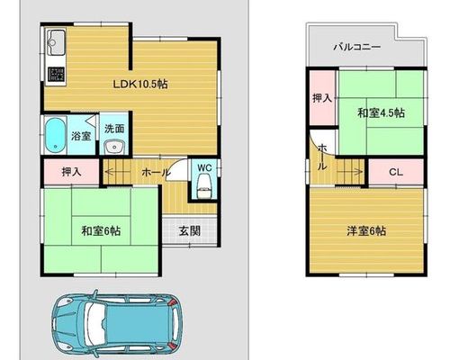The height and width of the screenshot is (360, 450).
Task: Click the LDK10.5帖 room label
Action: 140,85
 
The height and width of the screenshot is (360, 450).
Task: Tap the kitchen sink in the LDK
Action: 56,42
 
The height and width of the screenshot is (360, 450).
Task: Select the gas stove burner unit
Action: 57,74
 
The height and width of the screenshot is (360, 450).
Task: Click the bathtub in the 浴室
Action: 55,135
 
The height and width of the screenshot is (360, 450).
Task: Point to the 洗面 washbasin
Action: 113,147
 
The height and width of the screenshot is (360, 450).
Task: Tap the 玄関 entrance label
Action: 190,231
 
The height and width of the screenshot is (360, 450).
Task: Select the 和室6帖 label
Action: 102,231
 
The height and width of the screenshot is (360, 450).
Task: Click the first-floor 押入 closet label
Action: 71,172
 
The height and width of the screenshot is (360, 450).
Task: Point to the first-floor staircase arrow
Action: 117,172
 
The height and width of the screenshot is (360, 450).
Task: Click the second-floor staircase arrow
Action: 351,172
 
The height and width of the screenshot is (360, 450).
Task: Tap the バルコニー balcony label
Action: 357,47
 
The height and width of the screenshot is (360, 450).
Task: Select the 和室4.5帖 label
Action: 381,113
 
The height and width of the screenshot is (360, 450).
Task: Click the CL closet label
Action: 396,172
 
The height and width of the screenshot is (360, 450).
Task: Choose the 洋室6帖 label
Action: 366,231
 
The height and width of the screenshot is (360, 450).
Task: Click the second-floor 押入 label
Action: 322,98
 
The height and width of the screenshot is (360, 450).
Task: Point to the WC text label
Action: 204,167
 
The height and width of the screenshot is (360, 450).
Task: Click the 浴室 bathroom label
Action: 81,136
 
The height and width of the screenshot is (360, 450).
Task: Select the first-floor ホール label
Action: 156,172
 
